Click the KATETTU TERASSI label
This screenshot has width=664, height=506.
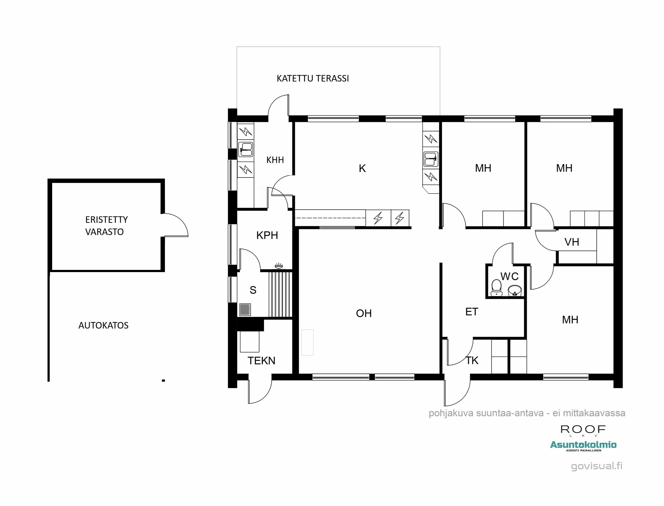313,78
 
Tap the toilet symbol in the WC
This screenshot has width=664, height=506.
496,288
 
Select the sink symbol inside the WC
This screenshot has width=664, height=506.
514,291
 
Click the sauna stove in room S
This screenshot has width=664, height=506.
245,309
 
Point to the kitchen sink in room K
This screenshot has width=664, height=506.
431,159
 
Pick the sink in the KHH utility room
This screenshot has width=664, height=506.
246,149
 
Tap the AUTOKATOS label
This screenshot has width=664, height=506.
103,325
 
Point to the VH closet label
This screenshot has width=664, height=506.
571,242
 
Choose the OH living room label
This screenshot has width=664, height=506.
364,313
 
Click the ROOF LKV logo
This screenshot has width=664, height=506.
583,430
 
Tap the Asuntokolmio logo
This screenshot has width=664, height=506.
583,445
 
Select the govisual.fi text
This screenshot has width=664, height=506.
597,466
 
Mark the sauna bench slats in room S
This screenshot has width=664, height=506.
280,294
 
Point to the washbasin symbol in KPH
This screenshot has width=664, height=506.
279,266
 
